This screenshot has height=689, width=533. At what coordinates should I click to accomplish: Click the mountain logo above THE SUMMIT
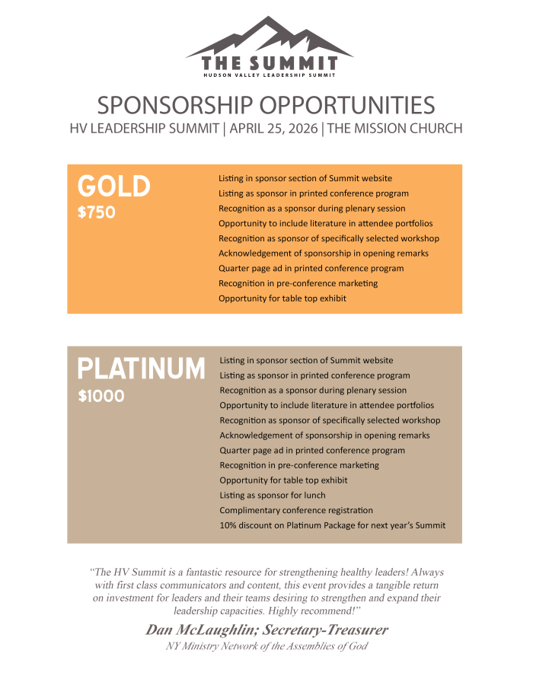(269, 37)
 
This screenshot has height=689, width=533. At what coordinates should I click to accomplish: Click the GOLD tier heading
(114, 187)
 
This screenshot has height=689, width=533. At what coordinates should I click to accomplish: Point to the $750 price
(97, 212)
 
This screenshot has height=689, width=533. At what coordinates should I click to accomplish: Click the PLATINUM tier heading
(142, 369)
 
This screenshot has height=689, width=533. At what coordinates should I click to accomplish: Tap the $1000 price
(101, 397)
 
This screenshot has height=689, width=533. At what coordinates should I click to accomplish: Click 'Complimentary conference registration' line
(296, 510)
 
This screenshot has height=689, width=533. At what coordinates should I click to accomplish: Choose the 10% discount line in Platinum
(332, 525)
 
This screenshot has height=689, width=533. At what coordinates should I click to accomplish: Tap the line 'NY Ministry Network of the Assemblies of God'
(266, 646)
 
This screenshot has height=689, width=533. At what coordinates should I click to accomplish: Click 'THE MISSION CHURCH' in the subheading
(394, 128)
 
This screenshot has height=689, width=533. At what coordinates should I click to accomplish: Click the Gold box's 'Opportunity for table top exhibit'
(282, 298)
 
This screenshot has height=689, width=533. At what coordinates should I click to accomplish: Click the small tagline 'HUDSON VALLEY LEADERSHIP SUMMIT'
(270, 75)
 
